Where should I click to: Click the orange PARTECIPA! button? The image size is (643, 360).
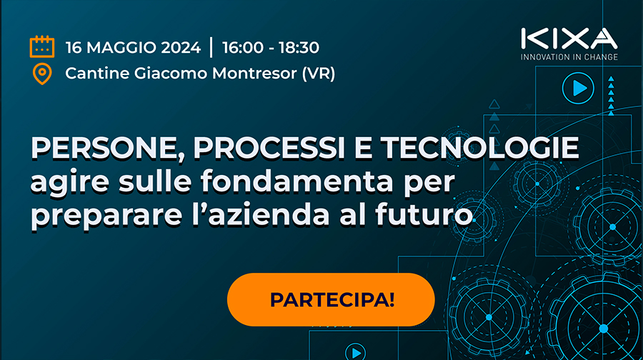click(331, 299)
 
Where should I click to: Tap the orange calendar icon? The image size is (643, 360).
click(42, 47)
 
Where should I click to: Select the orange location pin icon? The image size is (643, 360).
click(42, 74)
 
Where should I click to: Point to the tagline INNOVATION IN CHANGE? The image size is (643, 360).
click(569, 56)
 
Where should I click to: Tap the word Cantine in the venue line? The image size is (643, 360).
click(95, 73)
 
